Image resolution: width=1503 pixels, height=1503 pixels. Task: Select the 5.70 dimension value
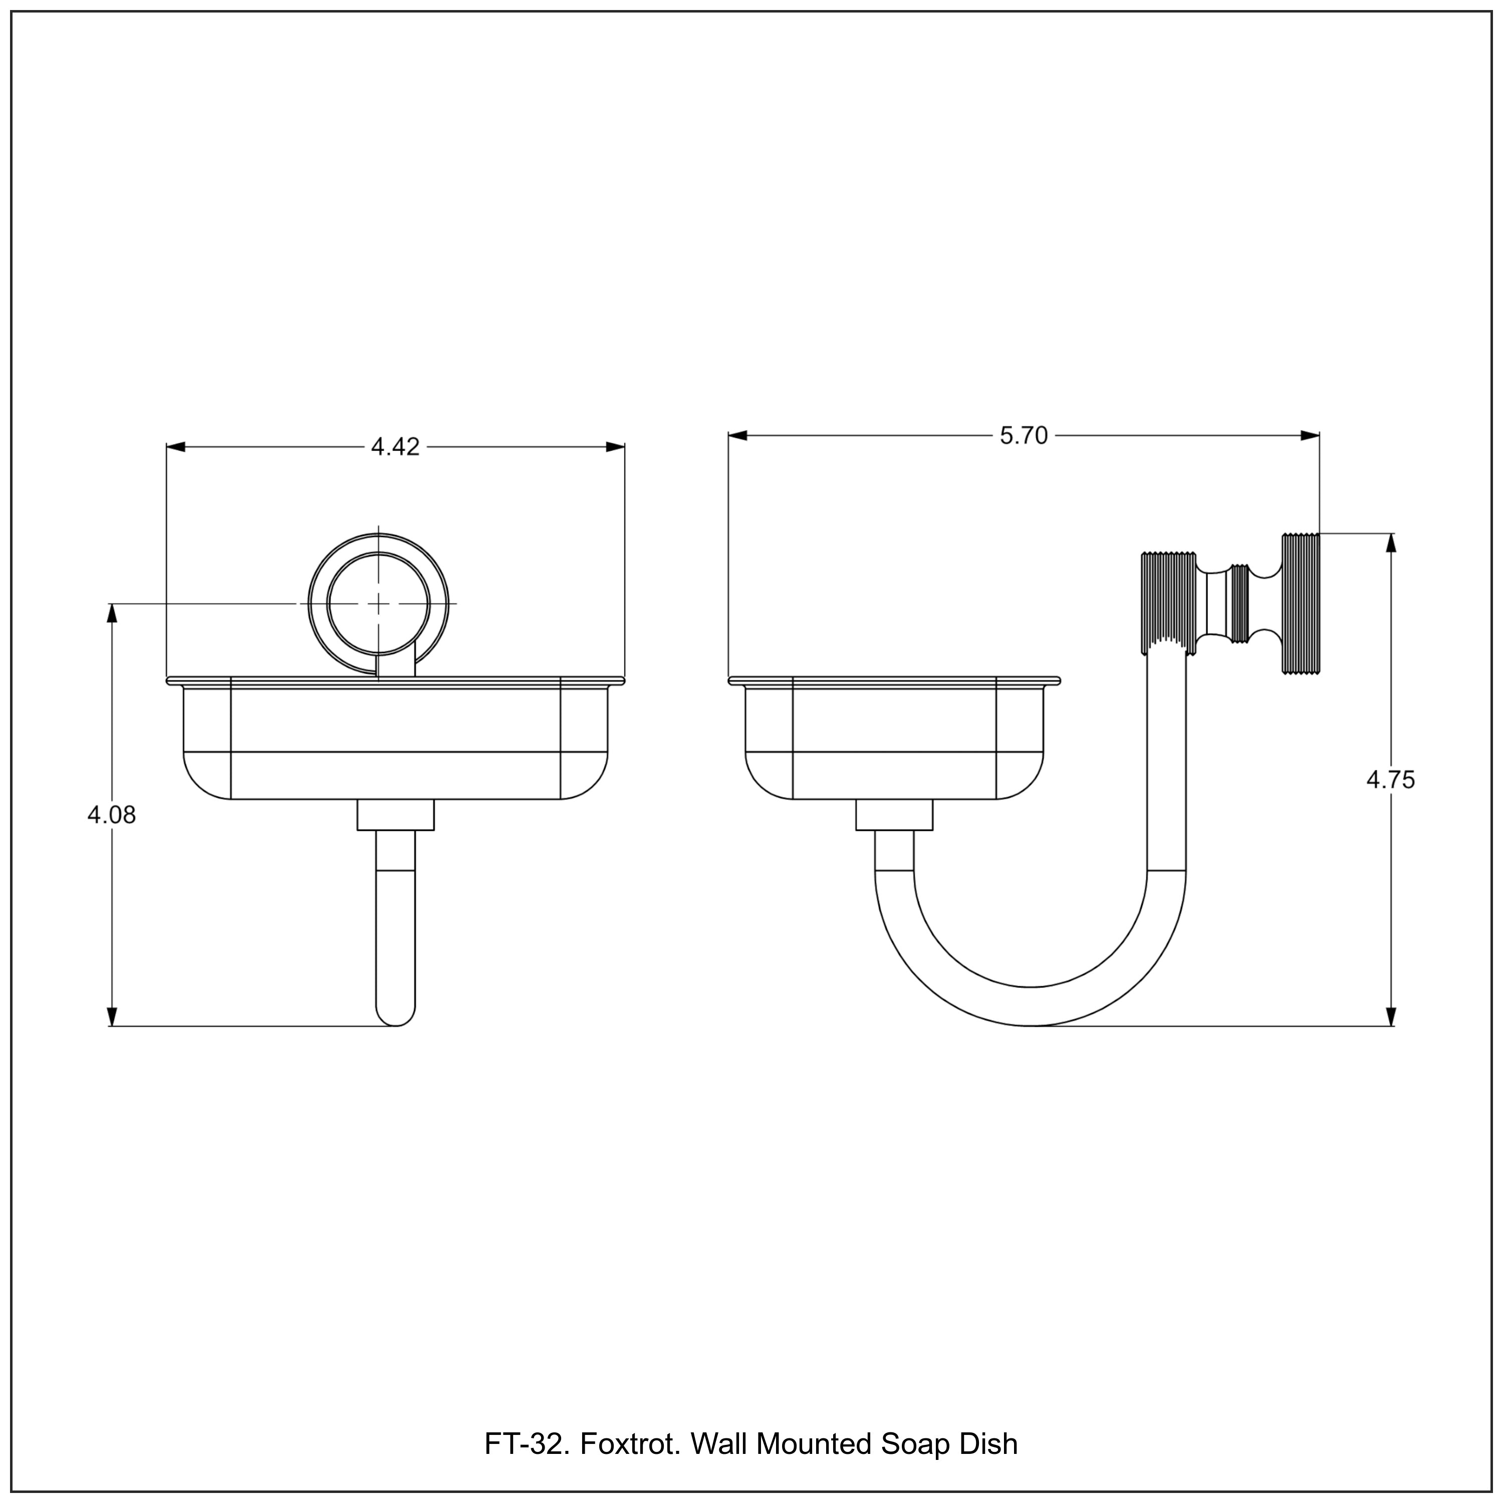(1024, 436)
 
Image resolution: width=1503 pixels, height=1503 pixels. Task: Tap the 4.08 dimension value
(111, 815)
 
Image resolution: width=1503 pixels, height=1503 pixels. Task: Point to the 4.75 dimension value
(1390, 780)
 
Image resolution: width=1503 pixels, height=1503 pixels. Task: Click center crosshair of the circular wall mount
(379, 603)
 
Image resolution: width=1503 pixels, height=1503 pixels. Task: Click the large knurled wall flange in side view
(1300, 603)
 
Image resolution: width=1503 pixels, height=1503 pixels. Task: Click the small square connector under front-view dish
(395, 815)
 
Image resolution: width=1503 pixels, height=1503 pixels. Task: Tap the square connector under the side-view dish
(894, 815)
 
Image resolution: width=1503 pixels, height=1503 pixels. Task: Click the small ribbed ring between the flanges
(1239, 603)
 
